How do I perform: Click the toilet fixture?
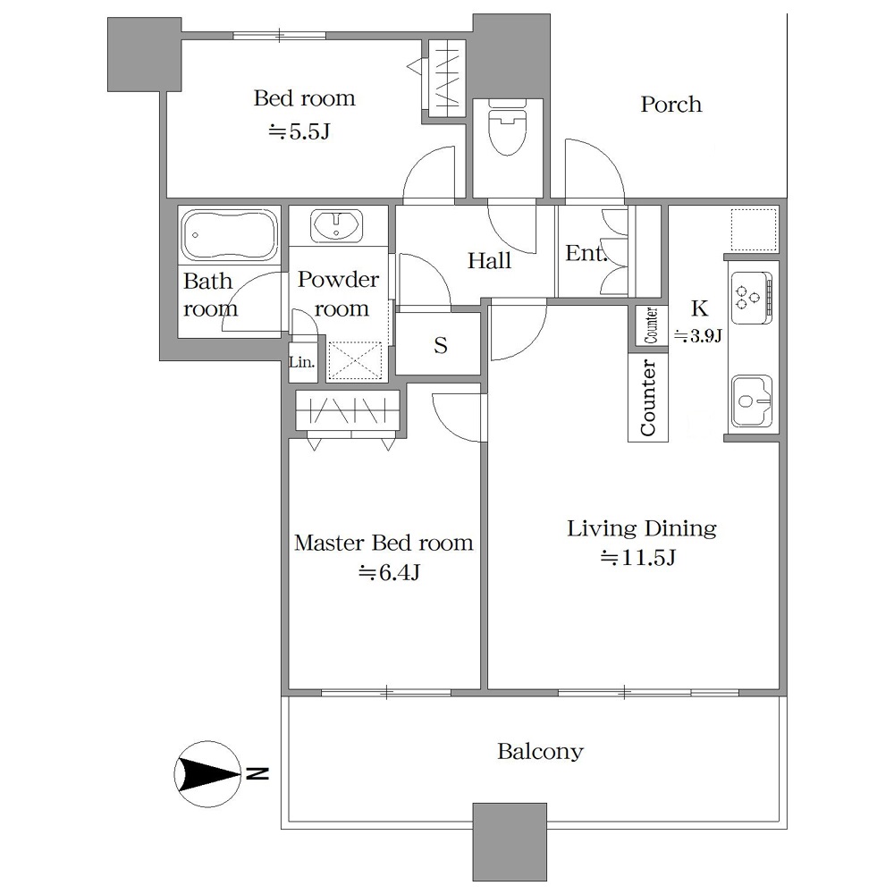[508, 128]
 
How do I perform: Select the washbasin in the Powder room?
[336, 226]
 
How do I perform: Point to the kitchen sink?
[752, 401]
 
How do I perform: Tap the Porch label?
[671, 105]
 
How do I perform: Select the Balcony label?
[540, 752]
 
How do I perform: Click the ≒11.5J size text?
[638, 558]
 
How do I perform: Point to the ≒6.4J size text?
[390, 572]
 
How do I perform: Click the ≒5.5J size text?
[299, 132]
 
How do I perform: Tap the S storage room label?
[440, 345]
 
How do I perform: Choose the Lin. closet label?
[302, 361]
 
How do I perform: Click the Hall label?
[489, 261]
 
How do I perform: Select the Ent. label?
[586, 253]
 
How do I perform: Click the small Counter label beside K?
[651, 325]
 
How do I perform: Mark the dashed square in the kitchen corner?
[754, 229]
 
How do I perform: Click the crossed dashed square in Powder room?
[355, 360]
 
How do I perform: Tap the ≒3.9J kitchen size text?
[698, 335]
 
